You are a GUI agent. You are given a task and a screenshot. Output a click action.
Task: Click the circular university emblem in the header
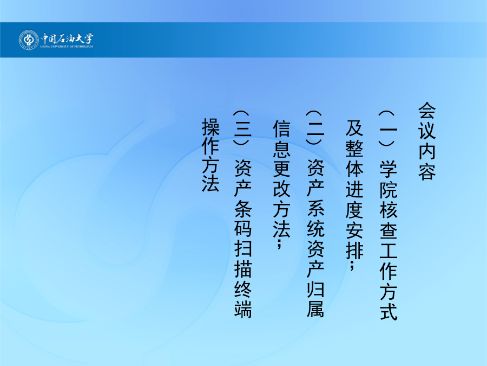click(x=29, y=40)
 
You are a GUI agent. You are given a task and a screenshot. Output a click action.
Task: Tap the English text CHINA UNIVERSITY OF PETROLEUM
click(x=67, y=47)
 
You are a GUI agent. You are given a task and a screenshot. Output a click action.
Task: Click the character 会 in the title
click(x=427, y=111)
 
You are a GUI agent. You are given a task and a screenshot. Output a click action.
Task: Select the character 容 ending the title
click(x=427, y=171)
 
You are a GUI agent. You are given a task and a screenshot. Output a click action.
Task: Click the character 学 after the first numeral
click(x=388, y=169)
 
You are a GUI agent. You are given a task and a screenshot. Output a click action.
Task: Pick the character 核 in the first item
click(x=388, y=209)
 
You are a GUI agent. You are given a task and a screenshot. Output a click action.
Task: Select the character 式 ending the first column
click(x=388, y=311)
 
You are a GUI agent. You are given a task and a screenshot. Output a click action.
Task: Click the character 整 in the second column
click(x=354, y=148)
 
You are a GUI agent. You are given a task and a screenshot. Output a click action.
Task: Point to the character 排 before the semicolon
click(x=354, y=249)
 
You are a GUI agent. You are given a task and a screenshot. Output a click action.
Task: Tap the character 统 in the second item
click(x=315, y=229)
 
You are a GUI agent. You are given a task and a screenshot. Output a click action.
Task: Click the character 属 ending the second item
click(x=315, y=308)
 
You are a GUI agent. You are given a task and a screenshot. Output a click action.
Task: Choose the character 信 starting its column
click(x=281, y=128)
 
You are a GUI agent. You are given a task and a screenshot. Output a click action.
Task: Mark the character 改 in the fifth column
click(x=281, y=189)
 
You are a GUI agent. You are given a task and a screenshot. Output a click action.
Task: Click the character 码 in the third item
click(x=242, y=229)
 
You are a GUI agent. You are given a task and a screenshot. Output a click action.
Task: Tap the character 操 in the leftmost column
click(x=210, y=127)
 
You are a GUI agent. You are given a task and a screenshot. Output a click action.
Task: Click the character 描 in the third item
click(x=242, y=269)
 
